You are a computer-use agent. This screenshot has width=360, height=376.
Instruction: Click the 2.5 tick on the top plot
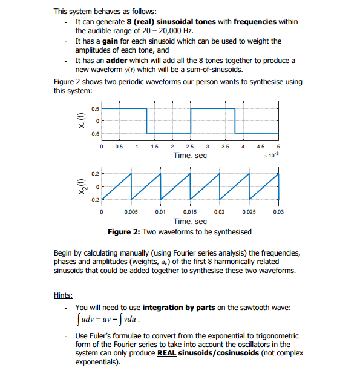190,147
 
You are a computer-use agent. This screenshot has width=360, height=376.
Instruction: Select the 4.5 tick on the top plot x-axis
261,147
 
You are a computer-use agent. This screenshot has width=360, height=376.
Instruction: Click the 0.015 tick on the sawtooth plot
190,213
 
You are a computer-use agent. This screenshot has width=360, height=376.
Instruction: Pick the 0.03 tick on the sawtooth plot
278,213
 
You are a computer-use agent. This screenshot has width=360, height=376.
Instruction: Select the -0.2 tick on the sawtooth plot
94,198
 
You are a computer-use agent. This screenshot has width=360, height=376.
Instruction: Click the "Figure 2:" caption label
124,231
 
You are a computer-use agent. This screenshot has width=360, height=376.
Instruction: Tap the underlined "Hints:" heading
64,295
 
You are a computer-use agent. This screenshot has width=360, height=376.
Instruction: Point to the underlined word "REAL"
168,353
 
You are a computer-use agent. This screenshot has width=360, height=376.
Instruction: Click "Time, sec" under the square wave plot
190,156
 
